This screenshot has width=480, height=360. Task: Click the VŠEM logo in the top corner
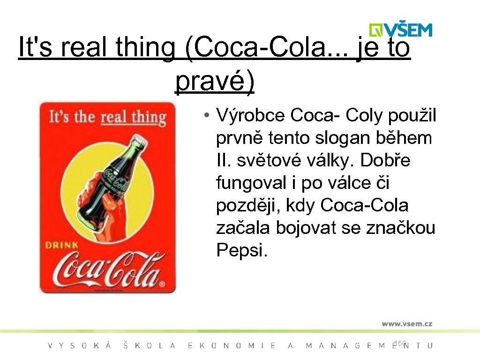pyautogui.click(x=400, y=30)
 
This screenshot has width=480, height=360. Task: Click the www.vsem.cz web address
pyautogui.click(x=406, y=323)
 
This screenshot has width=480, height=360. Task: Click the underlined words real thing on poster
pyautogui.click(x=134, y=117)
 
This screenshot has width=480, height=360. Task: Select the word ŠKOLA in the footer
pyautogui.click(x=150, y=346)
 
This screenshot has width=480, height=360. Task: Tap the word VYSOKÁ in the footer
pyautogui.click(x=80, y=346)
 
